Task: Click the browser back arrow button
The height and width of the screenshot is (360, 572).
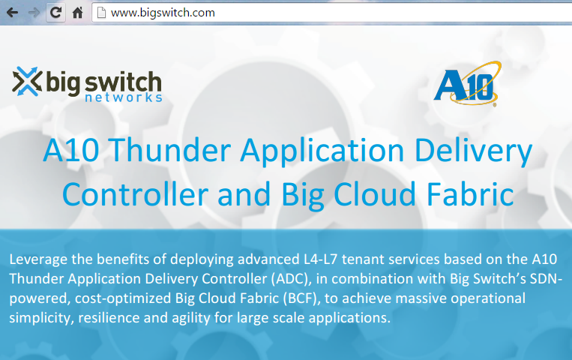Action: [x=13, y=13]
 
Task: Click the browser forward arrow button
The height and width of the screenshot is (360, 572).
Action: [x=34, y=13]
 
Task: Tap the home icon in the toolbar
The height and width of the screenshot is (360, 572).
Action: [x=77, y=13]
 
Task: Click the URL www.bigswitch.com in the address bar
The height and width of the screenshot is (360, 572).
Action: [x=163, y=13]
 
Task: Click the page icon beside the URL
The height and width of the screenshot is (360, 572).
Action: [x=101, y=13]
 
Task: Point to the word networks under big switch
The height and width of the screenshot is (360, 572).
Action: [x=123, y=97]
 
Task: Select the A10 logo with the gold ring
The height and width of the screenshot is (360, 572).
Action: [x=467, y=83]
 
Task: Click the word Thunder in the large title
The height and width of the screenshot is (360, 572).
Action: [x=169, y=150]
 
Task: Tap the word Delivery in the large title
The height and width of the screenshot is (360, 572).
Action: [x=474, y=151]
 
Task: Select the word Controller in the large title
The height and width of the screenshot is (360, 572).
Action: [x=136, y=194]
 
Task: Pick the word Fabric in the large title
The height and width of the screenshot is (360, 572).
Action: [x=470, y=194]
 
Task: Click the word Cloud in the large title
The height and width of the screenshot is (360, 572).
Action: [x=375, y=194]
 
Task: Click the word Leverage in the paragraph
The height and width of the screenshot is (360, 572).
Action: [x=38, y=259]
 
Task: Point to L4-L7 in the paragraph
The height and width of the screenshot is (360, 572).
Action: [x=320, y=259]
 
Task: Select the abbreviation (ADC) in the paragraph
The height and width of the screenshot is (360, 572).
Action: [x=291, y=279]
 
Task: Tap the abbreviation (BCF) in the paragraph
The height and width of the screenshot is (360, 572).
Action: [x=301, y=298]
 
